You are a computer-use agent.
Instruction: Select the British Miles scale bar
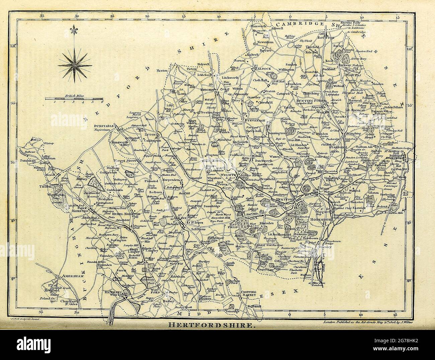pyautogui.click(x=74, y=99)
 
